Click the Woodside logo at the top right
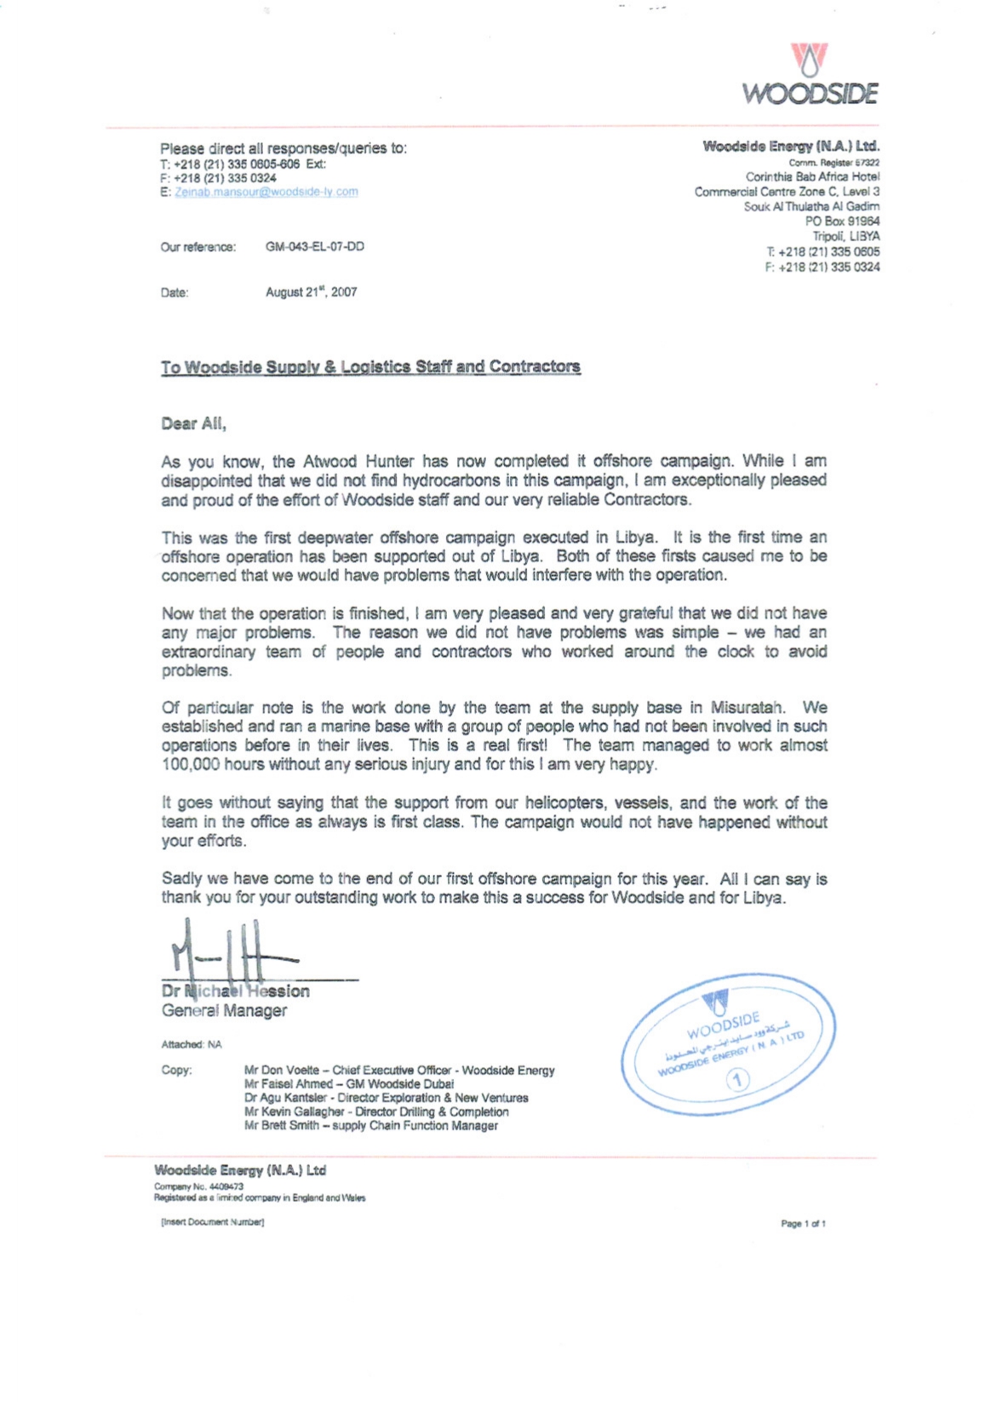click(810, 75)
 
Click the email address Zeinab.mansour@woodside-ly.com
click(266, 192)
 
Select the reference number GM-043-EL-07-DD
click(315, 247)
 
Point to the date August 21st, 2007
click(311, 292)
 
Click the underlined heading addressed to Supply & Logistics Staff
click(370, 367)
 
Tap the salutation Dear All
click(193, 423)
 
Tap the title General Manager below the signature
click(224, 1011)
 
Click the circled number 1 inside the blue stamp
click(738, 1080)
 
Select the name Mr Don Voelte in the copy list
click(282, 1071)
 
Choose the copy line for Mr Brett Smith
click(370, 1126)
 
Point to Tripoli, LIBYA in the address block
click(846, 237)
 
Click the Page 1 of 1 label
click(803, 1224)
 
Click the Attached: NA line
click(192, 1044)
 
